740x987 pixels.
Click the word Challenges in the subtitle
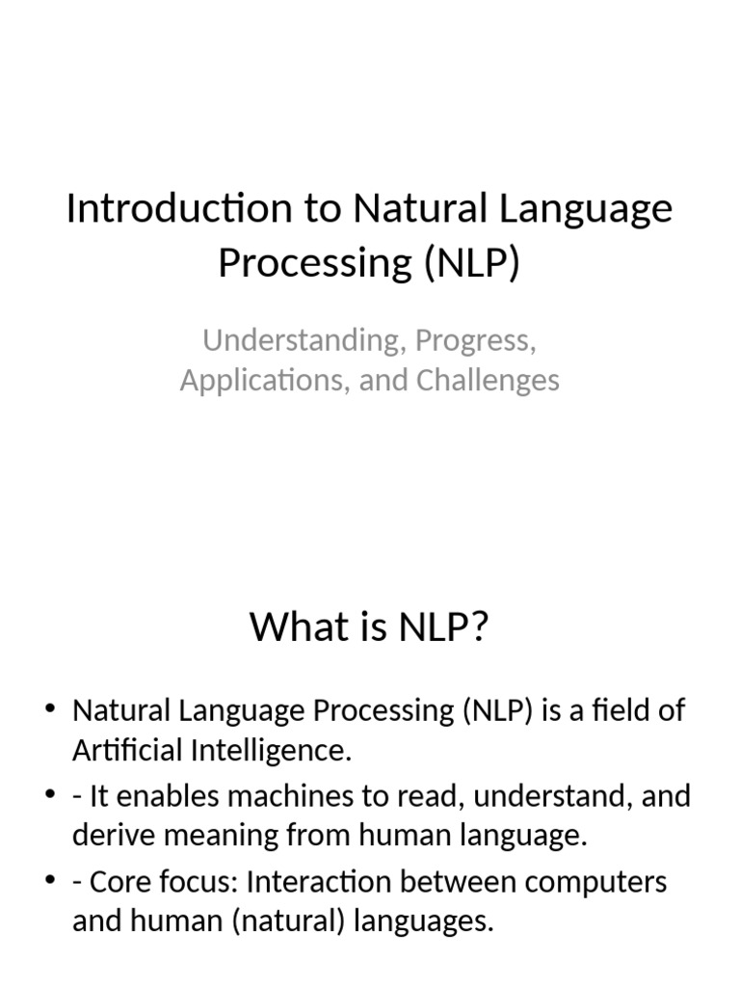[x=488, y=380]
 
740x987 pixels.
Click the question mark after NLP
[x=479, y=627]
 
